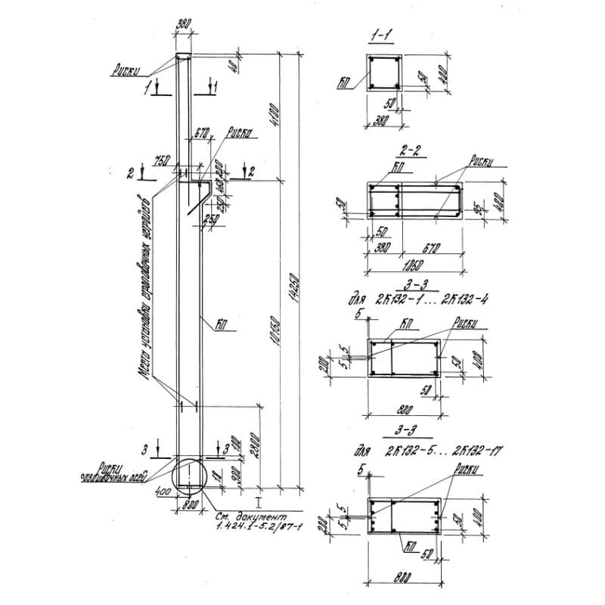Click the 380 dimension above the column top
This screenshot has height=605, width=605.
pos(183,24)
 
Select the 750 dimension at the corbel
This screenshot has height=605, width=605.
pos(160,160)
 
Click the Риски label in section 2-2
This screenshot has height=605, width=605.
pos(481,160)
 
